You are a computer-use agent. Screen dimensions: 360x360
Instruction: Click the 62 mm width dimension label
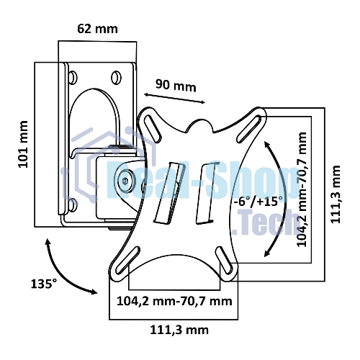pos(97,29)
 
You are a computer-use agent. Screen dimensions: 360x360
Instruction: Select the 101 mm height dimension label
pos(23,144)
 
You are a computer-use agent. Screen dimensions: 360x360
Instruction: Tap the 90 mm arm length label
pos(176,85)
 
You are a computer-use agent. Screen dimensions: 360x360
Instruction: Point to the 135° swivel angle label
pos(44,284)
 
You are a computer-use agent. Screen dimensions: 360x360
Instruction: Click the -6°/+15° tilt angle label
pos(258,201)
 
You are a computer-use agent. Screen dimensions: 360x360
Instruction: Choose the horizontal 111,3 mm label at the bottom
pos(179,330)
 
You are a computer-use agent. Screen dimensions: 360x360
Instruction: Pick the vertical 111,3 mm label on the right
pos(336,194)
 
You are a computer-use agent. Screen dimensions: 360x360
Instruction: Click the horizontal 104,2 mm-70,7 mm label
pos(174,301)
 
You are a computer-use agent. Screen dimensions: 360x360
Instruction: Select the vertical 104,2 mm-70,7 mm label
pos(302,189)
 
